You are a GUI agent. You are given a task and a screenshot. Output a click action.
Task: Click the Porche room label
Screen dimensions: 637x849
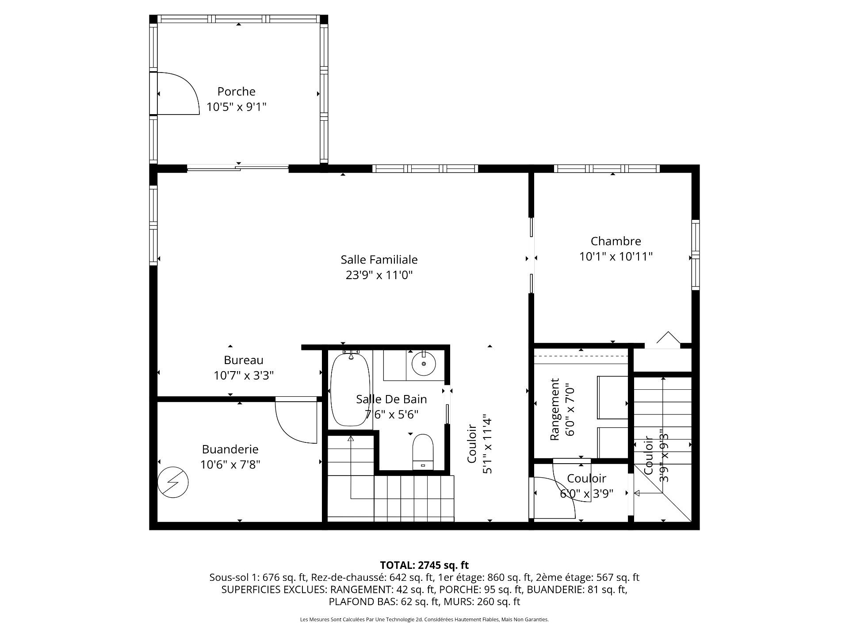(x=236, y=92)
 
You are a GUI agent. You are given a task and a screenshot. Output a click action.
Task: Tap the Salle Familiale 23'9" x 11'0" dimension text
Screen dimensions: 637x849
(x=379, y=275)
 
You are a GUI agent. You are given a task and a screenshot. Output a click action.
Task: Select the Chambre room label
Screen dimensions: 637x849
(x=616, y=241)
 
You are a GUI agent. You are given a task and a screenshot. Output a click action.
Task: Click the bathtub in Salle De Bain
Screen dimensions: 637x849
(x=350, y=389)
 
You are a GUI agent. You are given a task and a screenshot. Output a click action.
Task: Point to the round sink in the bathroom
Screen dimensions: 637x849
(x=424, y=364)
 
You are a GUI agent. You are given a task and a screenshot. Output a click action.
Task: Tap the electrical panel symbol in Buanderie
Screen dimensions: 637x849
(x=173, y=482)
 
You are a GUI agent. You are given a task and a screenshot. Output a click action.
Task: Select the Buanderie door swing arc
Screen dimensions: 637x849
(x=292, y=425)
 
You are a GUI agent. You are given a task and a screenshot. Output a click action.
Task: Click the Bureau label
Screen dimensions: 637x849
(x=243, y=360)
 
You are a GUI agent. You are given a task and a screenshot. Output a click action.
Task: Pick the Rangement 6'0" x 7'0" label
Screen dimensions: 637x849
(x=562, y=409)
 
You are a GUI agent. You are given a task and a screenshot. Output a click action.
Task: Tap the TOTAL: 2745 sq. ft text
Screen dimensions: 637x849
(x=424, y=565)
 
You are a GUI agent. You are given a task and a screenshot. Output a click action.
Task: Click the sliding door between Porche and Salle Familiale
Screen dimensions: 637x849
(x=237, y=167)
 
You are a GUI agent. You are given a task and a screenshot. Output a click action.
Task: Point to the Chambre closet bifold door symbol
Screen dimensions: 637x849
(x=668, y=338)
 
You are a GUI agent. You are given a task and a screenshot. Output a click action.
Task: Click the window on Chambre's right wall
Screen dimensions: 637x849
(x=696, y=255)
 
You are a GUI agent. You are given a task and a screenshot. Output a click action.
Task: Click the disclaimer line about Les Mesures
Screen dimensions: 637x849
(x=424, y=620)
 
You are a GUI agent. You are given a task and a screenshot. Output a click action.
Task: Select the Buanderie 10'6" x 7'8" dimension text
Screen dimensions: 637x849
(x=230, y=464)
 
